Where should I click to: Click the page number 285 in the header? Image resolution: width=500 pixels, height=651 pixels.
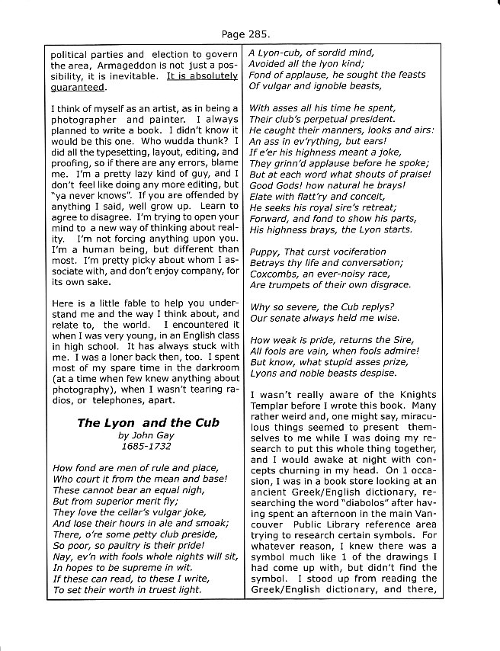[x=258, y=34]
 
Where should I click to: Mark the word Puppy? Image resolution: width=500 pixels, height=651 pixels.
[x=265, y=251]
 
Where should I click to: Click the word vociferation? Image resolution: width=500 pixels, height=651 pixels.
[x=351, y=251]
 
